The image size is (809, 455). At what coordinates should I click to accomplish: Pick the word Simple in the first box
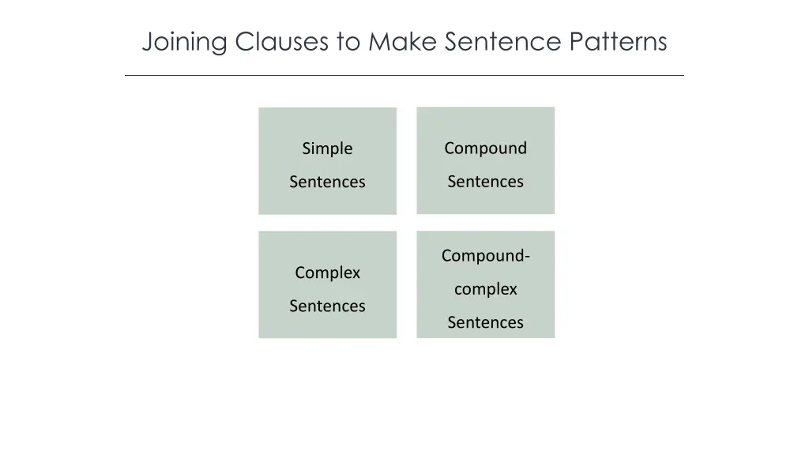click(x=327, y=149)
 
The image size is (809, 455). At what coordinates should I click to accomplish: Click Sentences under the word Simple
click(x=327, y=182)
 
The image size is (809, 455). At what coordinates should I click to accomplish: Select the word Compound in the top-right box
click(x=485, y=149)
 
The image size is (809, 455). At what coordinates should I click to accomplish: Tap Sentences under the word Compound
click(x=485, y=182)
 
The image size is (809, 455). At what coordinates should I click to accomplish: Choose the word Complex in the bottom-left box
click(x=327, y=273)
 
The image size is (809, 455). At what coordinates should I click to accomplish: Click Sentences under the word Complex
click(x=327, y=306)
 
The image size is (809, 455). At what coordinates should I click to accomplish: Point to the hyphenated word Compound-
click(x=485, y=256)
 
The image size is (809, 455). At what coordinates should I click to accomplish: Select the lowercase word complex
click(x=485, y=289)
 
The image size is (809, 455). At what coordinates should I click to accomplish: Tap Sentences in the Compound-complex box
click(x=485, y=322)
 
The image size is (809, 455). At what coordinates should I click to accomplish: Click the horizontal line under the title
click(x=404, y=76)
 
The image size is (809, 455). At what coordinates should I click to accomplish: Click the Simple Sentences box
click(x=327, y=202)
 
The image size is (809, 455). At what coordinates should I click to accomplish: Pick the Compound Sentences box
click(x=485, y=202)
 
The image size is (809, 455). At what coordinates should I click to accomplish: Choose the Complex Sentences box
click(x=327, y=326)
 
